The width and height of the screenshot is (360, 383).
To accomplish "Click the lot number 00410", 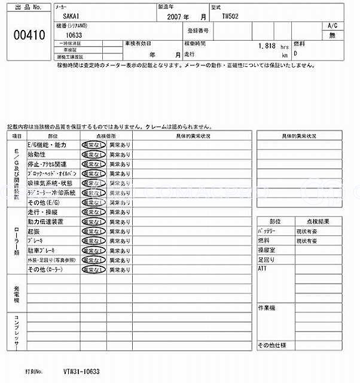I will pos(29,35).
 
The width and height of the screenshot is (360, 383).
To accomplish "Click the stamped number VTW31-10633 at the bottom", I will pos(80,372).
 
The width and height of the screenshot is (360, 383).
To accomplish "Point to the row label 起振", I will pos(34,231).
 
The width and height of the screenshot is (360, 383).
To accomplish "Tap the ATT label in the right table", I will pos(262,269).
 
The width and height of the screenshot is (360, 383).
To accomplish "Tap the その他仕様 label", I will pos(272,346).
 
